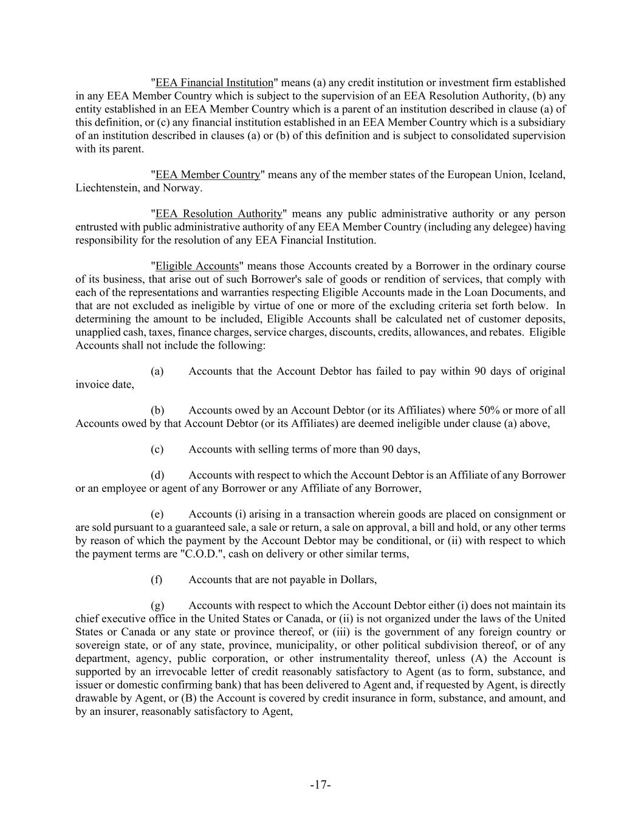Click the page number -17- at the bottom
(320, 785)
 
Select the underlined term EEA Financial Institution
(214, 83)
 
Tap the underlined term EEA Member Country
(208, 175)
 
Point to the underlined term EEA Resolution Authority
(219, 214)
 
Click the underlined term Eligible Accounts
(197, 266)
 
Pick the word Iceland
(547, 175)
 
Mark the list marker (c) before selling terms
(157, 449)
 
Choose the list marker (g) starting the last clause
(157, 606)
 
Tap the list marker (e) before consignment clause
(157, 514)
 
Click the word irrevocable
(177, 672)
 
